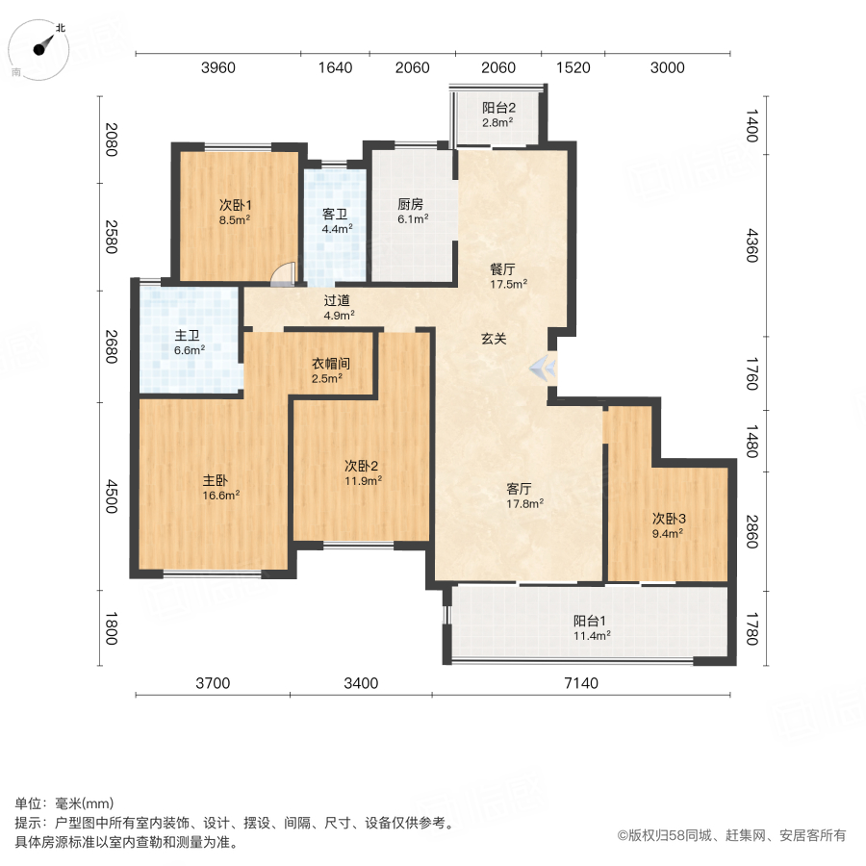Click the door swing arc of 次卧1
pyautogui.click(x=280, y=276)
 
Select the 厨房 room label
pyautogui.click(x=412, y=204)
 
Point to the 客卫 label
pyautogui.click(x=336, y=215)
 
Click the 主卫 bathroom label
pyautogui.click(x=187, y=336)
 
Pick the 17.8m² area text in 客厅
pyautogui.click(x=525, y=502)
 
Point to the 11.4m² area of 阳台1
pyautogui.click(x=592, y=635)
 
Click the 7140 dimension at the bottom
pyautogui.click(x=580, y=683)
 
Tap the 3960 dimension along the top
pyautogui.click(x=217, y=67)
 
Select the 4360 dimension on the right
pyautogui.click(x=752, y=252)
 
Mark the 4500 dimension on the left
pyautogui.click(x=112, y=497)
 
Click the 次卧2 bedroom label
pyautogui.click(x=361, y=466)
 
